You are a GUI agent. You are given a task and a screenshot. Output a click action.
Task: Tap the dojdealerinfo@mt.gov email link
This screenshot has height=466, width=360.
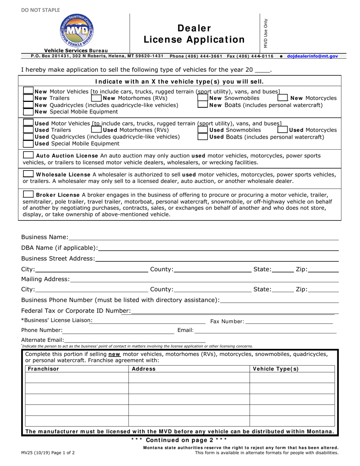(x=312, y=56)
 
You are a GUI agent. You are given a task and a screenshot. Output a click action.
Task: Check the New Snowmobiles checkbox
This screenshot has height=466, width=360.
(x=203, y=98)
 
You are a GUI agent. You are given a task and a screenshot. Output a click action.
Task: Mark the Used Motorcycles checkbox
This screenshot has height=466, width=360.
(x=283, y=130)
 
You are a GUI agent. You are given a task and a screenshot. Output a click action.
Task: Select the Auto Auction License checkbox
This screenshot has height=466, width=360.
(x=28, y=155)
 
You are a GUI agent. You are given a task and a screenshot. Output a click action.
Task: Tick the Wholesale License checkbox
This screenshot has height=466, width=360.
(x=28, y=174)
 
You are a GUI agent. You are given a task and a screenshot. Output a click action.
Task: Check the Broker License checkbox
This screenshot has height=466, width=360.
(x=28, y=195)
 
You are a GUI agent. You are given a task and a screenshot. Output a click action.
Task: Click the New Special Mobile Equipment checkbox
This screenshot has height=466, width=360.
(x=28, y=112)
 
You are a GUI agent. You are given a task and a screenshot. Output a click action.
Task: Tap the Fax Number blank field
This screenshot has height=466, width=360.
(x=289, y=321)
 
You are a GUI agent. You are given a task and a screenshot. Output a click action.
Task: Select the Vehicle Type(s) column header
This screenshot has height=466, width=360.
(x=275, y=369)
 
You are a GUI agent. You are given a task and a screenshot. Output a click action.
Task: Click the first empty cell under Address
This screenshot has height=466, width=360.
(x=189, y=378)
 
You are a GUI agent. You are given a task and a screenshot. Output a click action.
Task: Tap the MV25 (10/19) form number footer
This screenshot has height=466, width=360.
(x=48, y=452)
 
